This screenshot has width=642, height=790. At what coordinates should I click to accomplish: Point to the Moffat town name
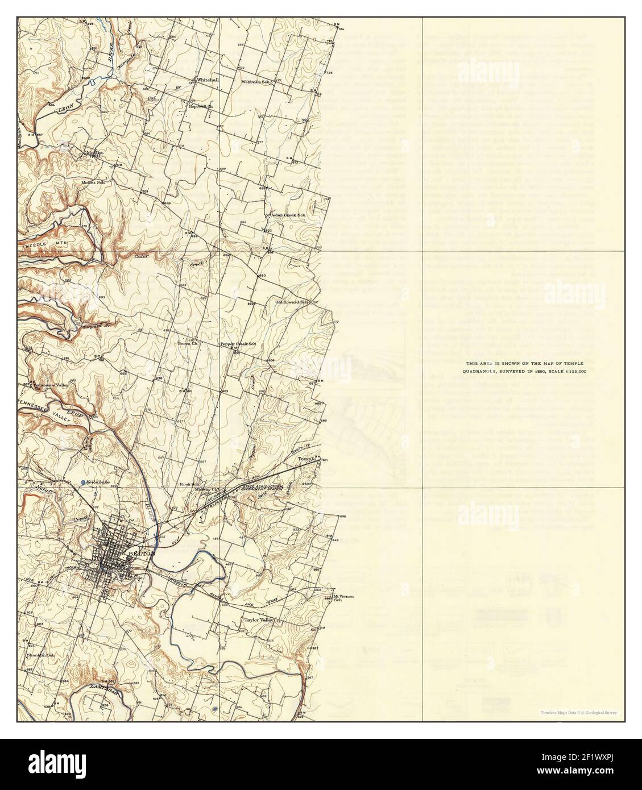[94, 152]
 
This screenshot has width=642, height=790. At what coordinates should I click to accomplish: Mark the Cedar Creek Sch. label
[287, 215]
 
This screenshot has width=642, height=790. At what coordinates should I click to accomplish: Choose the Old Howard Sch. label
[292, 302]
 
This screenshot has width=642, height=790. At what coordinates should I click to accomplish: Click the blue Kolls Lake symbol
[84, 483]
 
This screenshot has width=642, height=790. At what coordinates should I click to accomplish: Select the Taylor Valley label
[259, 620]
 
